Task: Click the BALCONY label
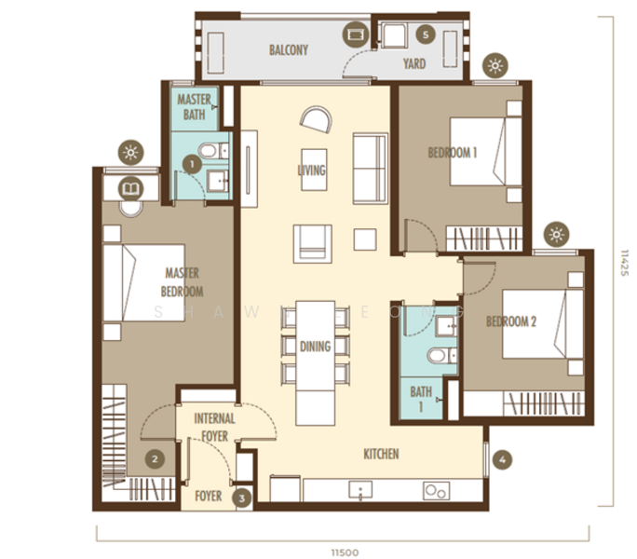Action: coord(288,50)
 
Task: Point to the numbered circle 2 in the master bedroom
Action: coord(156,458)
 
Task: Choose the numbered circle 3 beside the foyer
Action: coord(242,498)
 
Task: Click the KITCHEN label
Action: coord(381,454)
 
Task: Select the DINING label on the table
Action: coord(315,347)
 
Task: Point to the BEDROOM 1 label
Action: coord(453,153)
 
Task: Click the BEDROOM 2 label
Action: coord(511,322)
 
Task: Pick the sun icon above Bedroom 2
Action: coord(556,234)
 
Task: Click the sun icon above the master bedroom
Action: coord(130,153)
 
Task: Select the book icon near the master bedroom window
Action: coord(130,189)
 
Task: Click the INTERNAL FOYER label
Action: coord(214,426)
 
